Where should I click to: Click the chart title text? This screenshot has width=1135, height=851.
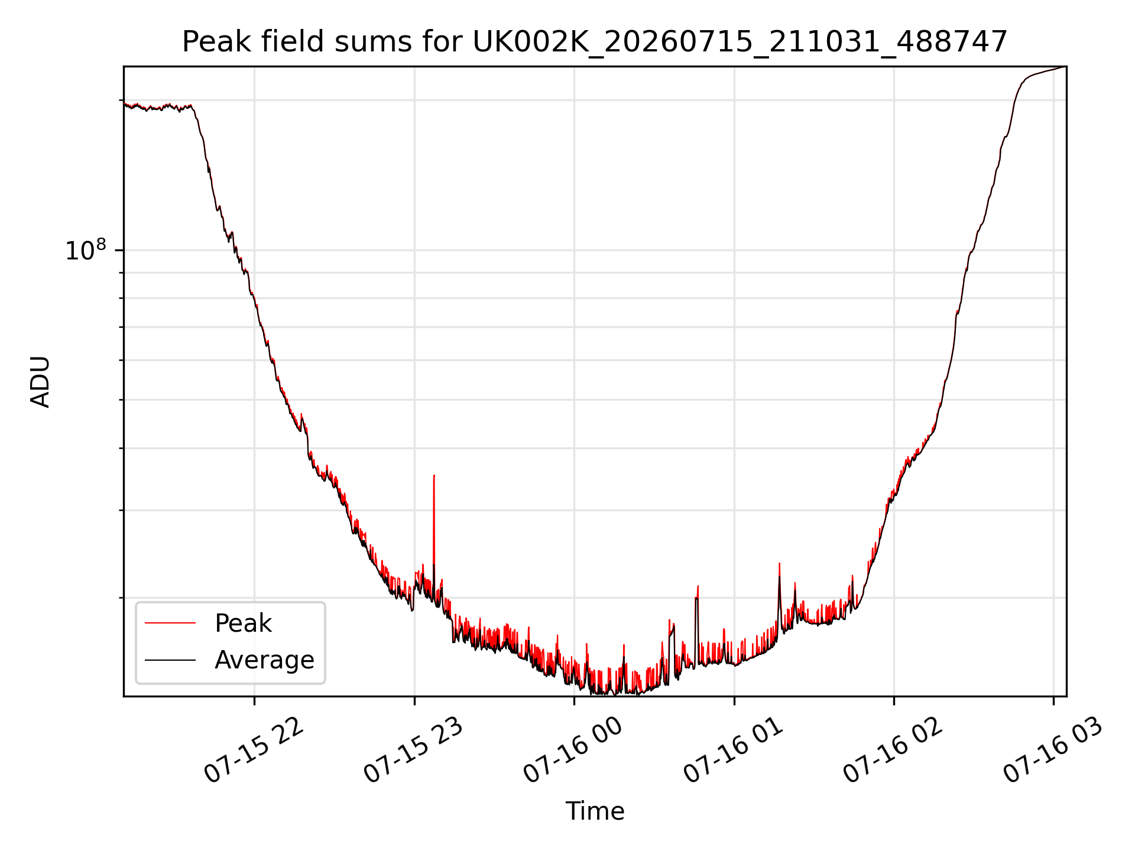[595, 42]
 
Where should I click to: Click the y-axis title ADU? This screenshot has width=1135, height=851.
[40, 381]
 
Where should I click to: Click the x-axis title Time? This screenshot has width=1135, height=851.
[595, 811]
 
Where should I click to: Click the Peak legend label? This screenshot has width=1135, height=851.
[243, 623]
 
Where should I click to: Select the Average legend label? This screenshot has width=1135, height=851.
[264, 660]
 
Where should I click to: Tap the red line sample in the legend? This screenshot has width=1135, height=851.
[170, 623]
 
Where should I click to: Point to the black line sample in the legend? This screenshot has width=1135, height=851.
[170, 660]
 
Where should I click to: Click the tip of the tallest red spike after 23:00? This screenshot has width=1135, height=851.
[434, 475]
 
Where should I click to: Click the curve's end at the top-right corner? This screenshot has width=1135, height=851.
[1066, 67]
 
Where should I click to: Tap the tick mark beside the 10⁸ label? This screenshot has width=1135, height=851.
[120, 250]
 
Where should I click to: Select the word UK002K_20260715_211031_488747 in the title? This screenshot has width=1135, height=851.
[740, 43]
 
